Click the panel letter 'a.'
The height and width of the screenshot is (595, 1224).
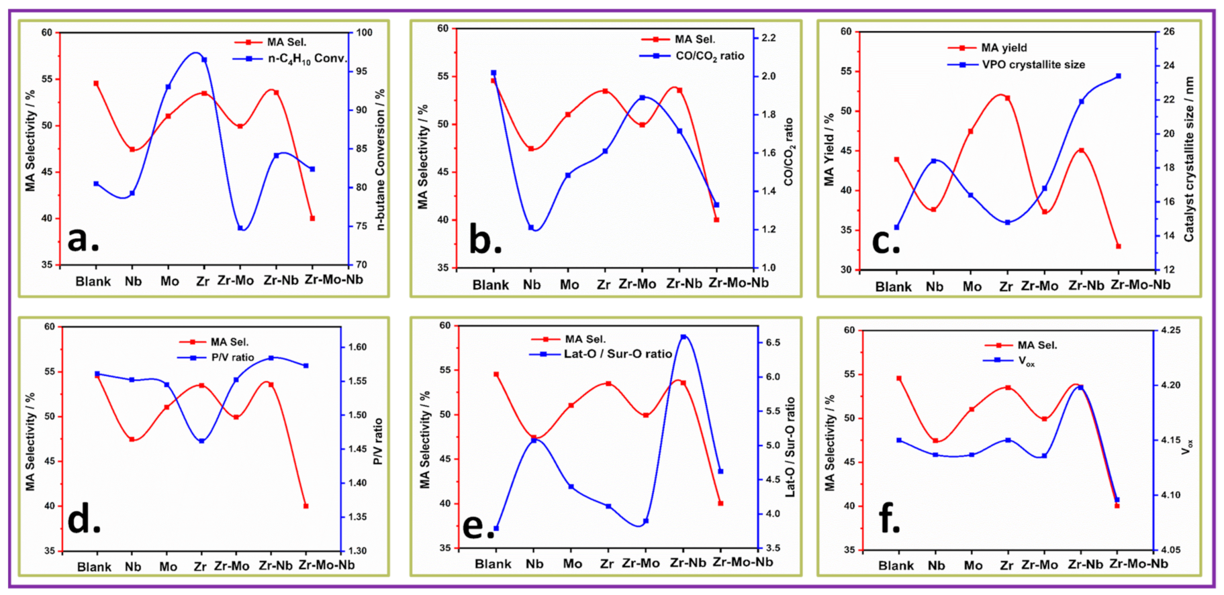(x=83, y=239)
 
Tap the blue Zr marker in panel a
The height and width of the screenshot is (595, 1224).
(x=204, y=60)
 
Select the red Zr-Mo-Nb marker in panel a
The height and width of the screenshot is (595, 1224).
(x=312, y=218)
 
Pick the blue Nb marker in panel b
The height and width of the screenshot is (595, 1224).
(x=531, y=227)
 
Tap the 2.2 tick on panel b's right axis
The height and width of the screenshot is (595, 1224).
(x=769, y=38)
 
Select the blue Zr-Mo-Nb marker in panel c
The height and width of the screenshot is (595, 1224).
(x=1119, y=76)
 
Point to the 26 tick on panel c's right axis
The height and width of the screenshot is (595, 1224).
(x=1169, y=32)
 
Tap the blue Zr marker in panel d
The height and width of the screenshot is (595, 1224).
(x=201, y=441)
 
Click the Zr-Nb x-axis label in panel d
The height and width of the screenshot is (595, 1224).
(x=275, y=565)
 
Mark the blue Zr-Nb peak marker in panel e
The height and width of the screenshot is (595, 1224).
(x=684, y=337)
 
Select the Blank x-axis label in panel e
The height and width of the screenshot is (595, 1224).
(x=493, y=563)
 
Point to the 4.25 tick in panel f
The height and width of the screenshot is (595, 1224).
(x=1170, y=330)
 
